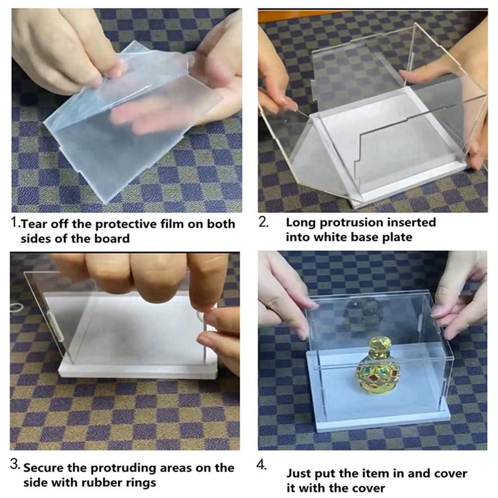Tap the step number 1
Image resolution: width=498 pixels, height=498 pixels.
click(x=14, y=222)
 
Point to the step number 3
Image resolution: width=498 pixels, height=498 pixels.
click(x=14, y=464)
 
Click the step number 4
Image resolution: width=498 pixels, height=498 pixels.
click(x=261, y=465)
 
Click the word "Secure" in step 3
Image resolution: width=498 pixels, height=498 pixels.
click(x=43, y=468)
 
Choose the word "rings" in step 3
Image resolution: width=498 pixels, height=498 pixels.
click(x=140, y=483)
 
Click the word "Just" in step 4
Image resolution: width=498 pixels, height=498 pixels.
click(x=299, y=474)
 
